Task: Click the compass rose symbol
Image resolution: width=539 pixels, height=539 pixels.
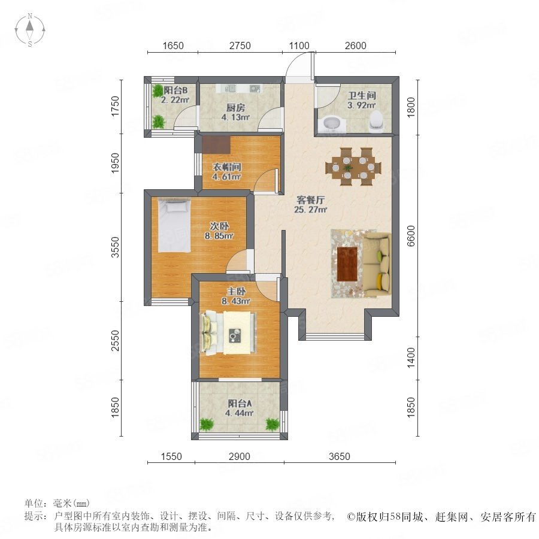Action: click(30, 31)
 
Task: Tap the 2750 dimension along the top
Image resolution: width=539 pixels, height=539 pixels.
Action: click(240, 46)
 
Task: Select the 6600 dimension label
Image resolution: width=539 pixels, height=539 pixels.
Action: click(411, 236)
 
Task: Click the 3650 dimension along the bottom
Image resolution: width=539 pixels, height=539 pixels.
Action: click(340, 456)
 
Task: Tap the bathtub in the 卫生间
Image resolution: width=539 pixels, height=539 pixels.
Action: click(332, 125)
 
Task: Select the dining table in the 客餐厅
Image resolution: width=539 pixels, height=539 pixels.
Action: click(353, 167)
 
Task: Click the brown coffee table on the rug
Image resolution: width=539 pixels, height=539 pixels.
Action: click(347, 264)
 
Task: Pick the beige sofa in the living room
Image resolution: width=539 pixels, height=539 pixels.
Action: click(377, 264)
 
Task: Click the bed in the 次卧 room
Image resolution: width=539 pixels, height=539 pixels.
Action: click(174, 226)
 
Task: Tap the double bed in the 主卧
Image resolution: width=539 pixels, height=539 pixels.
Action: click(229, 332)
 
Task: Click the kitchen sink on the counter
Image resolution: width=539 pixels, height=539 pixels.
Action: click(231, 89)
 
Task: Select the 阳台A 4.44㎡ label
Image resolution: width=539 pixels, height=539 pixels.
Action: click(239, 408)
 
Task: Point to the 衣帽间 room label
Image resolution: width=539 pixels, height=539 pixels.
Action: click(227, 167)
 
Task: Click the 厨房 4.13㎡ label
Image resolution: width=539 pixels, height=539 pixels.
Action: click(235, 113)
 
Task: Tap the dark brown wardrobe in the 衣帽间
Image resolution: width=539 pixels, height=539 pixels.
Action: click(216, 145)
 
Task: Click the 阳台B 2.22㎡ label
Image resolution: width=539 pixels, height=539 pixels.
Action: click(175, 95)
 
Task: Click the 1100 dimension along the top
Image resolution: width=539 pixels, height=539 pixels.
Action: click(299, 46)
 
